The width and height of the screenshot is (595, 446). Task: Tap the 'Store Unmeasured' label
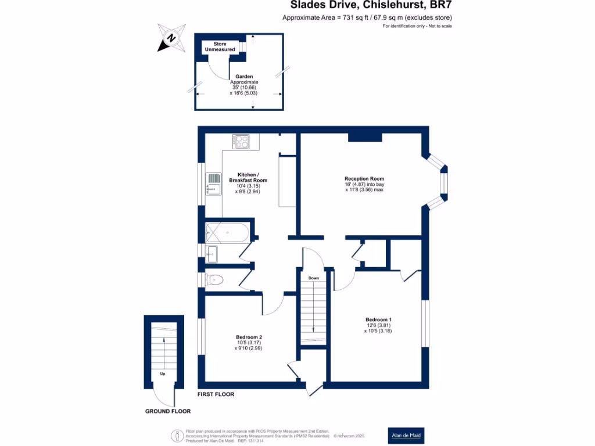tap(220, 47)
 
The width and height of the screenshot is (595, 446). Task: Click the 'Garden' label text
tap(244, 76)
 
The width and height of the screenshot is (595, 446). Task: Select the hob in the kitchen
tap(241, 142)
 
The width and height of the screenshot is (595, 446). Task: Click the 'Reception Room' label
tap(364, 178)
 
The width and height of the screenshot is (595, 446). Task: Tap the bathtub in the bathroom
tap(227, 232)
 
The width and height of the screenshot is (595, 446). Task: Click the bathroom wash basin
tap(211, 253)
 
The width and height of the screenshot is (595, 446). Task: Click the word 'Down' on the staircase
tap(313, 278)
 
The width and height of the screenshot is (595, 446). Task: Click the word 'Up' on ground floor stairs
tap(163, 374)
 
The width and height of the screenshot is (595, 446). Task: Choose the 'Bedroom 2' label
tap(249, 337)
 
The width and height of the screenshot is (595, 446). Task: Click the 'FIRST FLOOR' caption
tap(216, 394)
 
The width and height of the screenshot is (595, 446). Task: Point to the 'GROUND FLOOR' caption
tap(168, 411)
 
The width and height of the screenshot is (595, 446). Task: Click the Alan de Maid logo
tap(406, 435)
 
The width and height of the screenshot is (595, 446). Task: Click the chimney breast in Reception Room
tap(365, 137)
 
